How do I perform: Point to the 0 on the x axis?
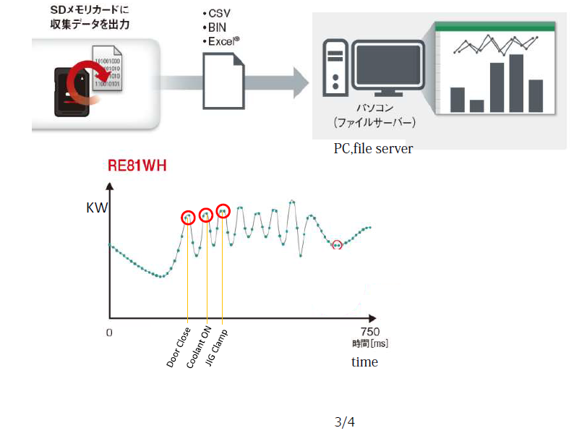point(109,333)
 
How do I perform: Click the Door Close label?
point(178,348)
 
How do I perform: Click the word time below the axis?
point(364,361)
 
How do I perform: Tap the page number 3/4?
point(345,421)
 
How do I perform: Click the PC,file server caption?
point(373,148)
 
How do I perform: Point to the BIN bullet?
point(216,28)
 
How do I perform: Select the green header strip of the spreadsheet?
point(495,26)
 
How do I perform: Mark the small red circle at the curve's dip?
point(336,245)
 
